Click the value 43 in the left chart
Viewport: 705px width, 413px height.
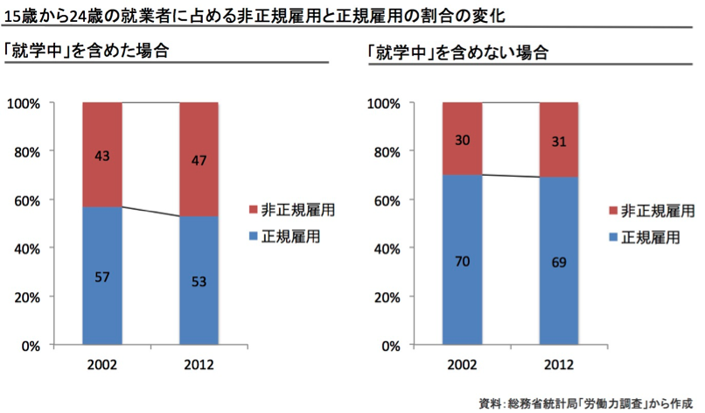point(102,156)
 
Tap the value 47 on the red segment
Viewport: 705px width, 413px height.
point(199,160)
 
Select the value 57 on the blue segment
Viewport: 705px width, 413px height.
point(102,277)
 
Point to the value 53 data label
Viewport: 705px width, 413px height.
point(199,282)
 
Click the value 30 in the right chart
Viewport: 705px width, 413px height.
point(462,140)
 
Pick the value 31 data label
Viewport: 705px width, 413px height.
point(559,141)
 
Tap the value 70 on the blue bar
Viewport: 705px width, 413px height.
point(462,260)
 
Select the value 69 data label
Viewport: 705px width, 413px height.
point(559,262)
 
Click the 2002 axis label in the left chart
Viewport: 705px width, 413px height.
point(102,363)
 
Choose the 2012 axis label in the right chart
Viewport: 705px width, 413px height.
point(559,363)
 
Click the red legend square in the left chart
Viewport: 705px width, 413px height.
point(253,211)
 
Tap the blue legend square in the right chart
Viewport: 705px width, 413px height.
point(612,237)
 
